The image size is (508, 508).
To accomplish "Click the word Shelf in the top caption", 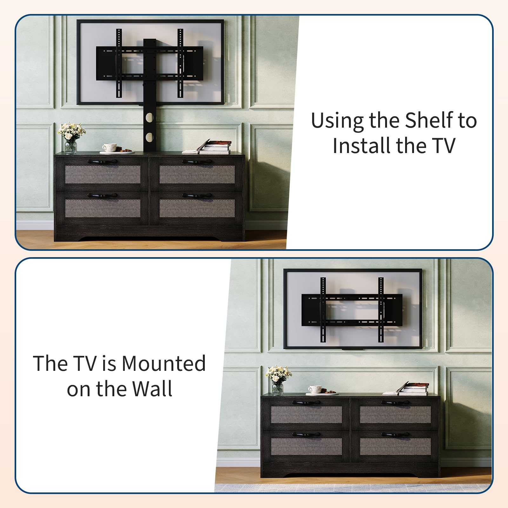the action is [x=429, y=120].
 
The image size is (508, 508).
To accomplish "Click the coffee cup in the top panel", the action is [x=110, y=148].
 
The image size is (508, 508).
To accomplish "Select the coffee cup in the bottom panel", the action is [x=315, y=389].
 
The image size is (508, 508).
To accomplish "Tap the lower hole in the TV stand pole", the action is [x=149, y=137].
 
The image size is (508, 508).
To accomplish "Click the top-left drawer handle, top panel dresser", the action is [x=102, y=161].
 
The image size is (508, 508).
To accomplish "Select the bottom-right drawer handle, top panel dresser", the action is [x=197, y=196].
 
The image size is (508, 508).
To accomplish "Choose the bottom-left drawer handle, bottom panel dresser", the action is [x=306, y=434].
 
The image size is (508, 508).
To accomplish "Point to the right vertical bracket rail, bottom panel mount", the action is [x=381, y=310].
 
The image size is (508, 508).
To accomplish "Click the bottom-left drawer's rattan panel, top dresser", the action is [x=103, y=208].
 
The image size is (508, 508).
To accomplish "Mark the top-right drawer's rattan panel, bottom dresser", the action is [x=395, y=415].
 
